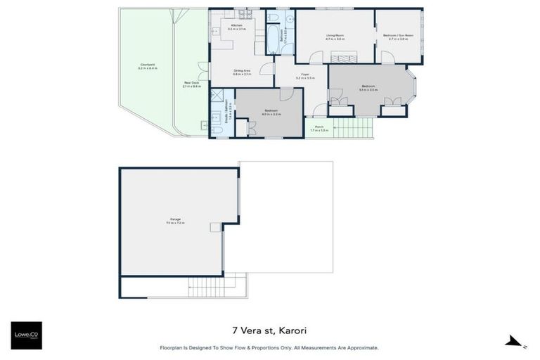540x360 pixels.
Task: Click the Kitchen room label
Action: point(236,27)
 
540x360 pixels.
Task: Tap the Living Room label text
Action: point(334,37)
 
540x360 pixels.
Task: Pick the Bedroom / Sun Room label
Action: point(398,37)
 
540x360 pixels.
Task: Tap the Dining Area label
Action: point(242,72)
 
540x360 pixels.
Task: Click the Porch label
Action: point(320,128)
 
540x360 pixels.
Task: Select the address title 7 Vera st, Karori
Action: point(269,329)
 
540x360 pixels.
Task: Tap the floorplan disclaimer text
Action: point(269,347)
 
